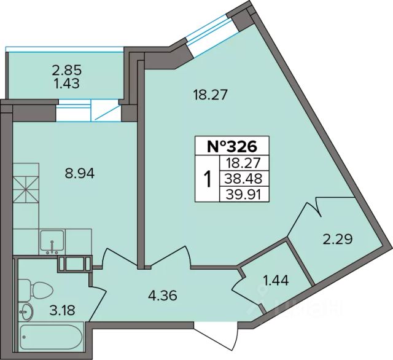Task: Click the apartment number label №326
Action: click(x=232, y=146)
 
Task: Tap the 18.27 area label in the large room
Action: click(x=210, y=95)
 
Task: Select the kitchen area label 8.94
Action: click(x=80, y=173)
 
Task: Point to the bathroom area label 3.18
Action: click(x=62, y=310)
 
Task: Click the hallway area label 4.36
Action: click(x=163, y=295)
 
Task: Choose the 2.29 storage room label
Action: click(x=338, y=238)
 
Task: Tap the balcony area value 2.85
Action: click(x=67, y=70)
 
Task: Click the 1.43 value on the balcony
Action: click(x=67, y=84)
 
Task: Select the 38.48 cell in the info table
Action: click(x=244, y=179)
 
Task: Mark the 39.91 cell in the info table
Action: click(x=244, y=194)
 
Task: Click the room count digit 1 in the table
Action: click(x=208, y=179)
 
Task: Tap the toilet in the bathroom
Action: click(x=36, y=290)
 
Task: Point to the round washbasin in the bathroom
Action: click(x=26, y=311)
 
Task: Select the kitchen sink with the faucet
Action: click(x=52, y=242)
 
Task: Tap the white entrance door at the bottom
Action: click(x=216, y=335)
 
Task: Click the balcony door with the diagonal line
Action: click(x=105, y=111)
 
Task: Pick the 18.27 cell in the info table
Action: click(x=244, y=163)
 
